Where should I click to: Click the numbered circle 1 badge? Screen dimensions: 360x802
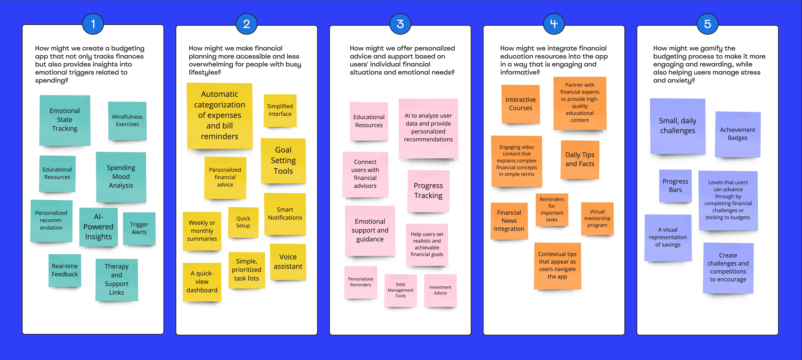click(x=93, y=24)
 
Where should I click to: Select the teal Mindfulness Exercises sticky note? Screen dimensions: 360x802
click(x=127, y=121)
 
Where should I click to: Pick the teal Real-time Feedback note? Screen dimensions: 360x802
click(x=65, y=270)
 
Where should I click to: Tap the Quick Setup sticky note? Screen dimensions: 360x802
click(x=243, y=222)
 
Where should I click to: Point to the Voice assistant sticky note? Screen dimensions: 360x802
click(x=288, y=262)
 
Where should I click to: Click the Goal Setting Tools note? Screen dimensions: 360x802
click(x=283, y=161)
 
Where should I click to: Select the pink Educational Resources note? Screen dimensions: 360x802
click(x=369, y=121)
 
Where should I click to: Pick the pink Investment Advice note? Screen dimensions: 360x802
click(x=440, y=290)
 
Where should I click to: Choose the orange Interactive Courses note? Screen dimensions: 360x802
click(x=521, y=104)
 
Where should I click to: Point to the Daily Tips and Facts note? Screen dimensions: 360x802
click(x=580, y=159)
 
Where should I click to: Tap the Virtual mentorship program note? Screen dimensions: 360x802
click(x=597, y=218)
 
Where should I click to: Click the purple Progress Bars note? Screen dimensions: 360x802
click(x=675, y=186)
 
